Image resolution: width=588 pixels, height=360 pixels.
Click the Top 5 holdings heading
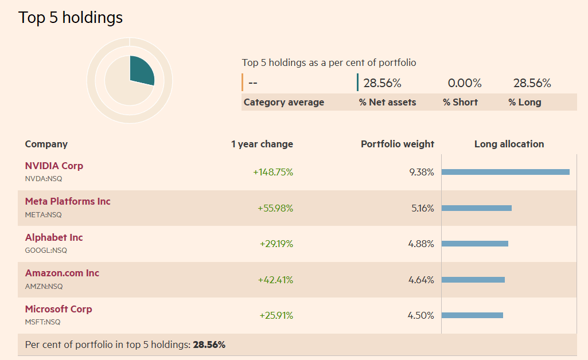71,18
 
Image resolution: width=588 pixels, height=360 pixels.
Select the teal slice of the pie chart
141,70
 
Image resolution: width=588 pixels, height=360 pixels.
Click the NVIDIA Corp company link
54,166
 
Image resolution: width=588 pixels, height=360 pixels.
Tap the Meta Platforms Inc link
68,201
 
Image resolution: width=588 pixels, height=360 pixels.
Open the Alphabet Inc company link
54,237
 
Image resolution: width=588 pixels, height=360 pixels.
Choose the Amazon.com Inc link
62,273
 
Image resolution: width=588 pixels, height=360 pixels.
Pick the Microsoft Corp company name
59,309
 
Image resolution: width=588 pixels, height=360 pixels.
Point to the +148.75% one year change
273,172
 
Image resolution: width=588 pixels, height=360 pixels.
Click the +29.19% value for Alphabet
276,244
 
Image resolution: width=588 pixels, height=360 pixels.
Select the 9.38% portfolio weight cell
422,172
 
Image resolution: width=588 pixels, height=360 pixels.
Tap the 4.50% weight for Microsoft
420,315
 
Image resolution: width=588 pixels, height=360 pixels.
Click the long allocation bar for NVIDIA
505,172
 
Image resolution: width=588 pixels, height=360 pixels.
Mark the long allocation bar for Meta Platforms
476,208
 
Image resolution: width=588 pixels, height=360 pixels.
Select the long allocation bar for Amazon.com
473,280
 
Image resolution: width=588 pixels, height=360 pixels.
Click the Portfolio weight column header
398,144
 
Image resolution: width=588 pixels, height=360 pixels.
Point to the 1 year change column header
262,144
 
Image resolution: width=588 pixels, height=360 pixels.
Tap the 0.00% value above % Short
465,83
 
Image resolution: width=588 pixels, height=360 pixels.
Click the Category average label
284,102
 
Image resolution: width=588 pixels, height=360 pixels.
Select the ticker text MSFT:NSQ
42,322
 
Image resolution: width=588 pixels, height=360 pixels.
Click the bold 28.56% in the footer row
209,345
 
